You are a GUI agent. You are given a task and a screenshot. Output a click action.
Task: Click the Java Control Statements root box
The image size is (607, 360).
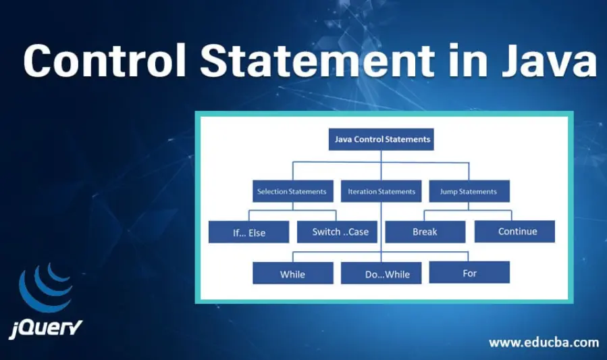tap(382, 139)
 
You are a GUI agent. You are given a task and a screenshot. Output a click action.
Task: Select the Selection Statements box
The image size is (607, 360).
tap(292, 191)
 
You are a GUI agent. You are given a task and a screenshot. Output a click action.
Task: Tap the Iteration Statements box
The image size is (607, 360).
tap(381, 191)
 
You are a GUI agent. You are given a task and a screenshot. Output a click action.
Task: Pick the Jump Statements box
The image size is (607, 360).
tap(469, 191)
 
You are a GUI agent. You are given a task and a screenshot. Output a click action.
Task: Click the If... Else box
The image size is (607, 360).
tap(248, 232)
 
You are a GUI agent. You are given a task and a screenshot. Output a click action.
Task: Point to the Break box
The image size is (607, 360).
tap(425, 232)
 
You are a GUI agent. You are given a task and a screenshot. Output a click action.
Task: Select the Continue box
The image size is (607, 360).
tap(514, 231)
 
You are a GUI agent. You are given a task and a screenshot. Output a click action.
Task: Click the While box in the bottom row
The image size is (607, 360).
tap(292, 274)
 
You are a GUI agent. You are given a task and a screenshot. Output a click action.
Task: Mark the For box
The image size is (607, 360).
tap(469, 272)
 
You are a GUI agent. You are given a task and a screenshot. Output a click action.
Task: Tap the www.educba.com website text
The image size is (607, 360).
tap(544, 342)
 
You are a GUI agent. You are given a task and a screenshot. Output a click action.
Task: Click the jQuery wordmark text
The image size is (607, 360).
tap(45, 328)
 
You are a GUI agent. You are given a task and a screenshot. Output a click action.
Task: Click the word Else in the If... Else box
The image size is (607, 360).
tap(257, 233)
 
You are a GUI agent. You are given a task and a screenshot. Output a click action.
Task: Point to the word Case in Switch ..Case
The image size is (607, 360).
tap(358, 232)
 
